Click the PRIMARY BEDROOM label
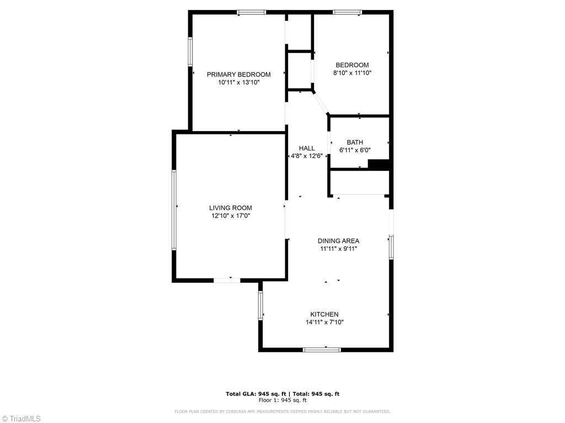tap(238, 74)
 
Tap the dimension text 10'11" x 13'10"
tap(238, 83)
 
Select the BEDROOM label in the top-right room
tap(351, 65)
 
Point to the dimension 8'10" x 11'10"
tap(351, 73)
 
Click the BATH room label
tap(355, 142)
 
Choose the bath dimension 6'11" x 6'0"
tap(355, 150)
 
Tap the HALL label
tap(307, 148)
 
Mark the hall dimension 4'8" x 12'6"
tap(307, 156)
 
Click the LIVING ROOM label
tap(231, 208)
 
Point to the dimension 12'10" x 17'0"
tap(231, 216)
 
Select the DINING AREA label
tap(338, 241)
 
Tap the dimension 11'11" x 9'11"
tap(338, 249)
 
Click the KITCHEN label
tap(324, 314)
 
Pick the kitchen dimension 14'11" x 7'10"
tap(324, 322)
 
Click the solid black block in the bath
tap(379, 165)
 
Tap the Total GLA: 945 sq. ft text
tap(256, 394)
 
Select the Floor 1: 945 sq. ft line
tap(282, 400)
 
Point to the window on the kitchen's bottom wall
tap(322, 349)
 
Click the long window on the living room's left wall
tap(174, 210)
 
